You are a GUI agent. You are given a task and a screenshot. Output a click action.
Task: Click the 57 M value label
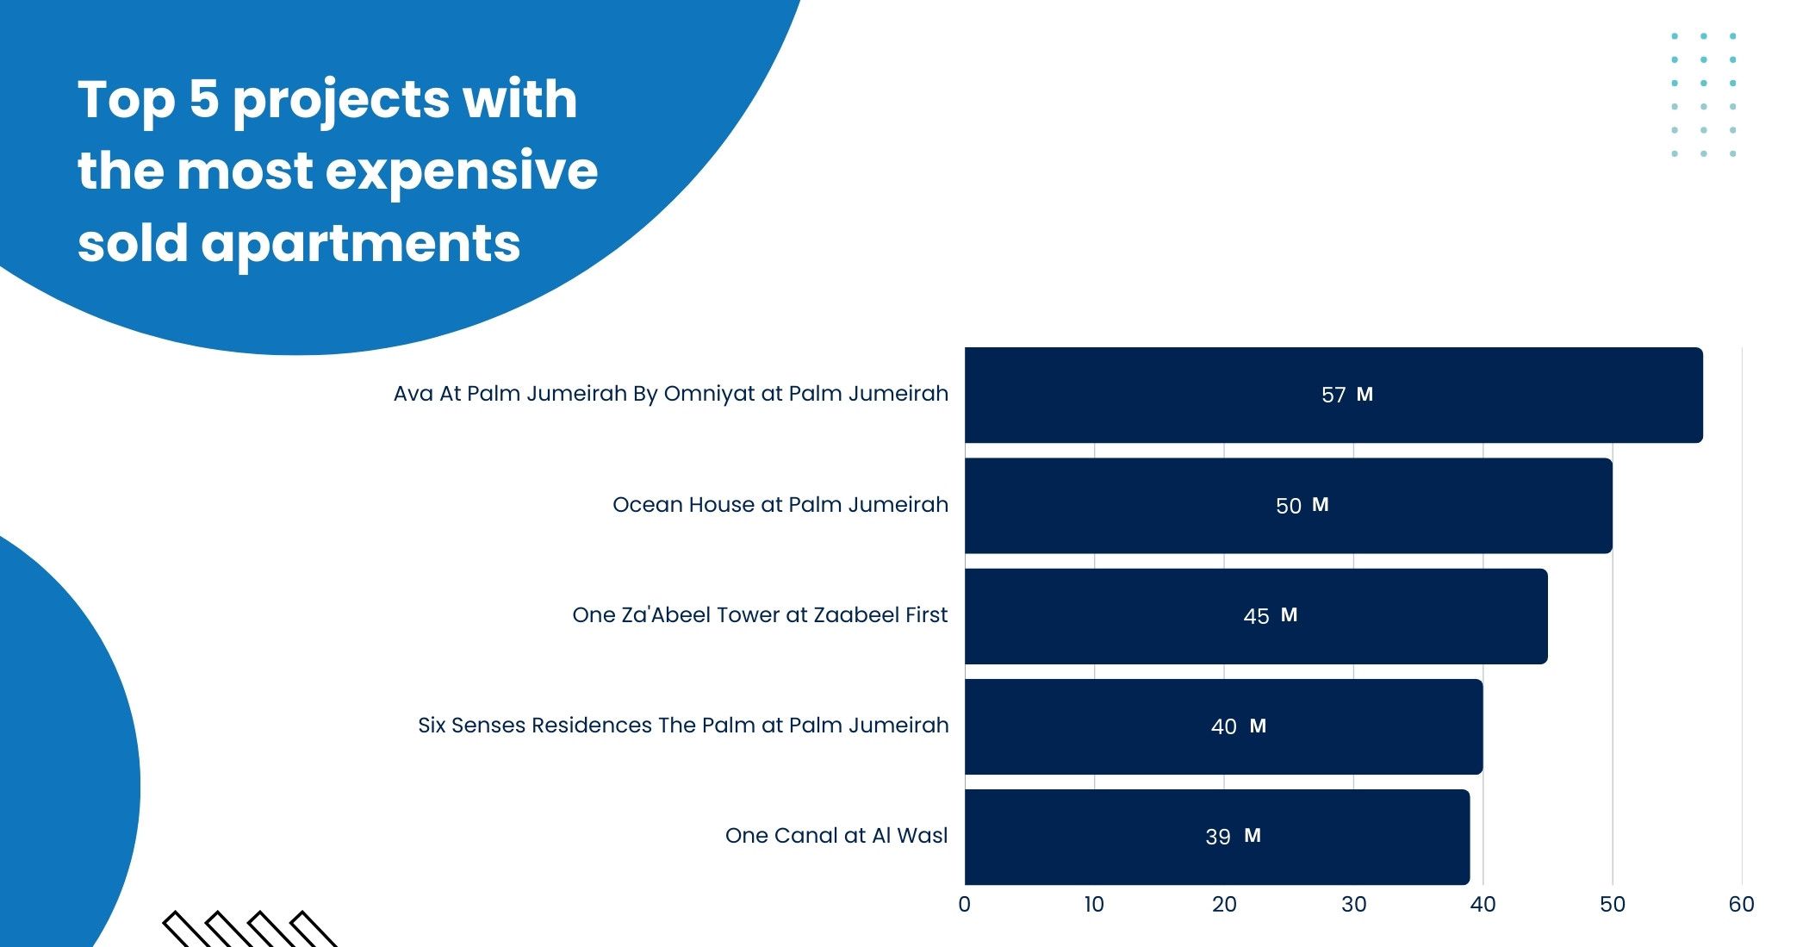pos(1346,395)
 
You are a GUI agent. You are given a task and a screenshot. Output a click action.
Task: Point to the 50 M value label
pos(1302,505)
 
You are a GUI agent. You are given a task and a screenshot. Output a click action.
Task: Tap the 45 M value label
pos(1270,615)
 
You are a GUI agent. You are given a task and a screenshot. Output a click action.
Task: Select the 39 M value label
pos(1233,836)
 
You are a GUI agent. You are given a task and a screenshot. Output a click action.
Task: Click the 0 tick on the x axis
pos(964,904)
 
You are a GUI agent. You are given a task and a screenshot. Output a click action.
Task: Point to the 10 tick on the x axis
pos(1094,904)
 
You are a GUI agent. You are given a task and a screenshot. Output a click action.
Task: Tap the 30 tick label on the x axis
pos(1353,904)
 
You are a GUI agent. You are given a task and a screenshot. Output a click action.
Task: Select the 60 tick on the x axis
pos(1741,904)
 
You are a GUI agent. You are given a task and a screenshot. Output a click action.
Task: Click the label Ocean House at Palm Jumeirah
pos(780,504)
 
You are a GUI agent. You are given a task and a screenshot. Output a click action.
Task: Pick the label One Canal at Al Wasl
pos(836,835)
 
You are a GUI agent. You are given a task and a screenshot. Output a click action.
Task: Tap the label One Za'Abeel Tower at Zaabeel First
pos(759,614)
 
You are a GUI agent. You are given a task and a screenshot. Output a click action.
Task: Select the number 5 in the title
pos(204,99)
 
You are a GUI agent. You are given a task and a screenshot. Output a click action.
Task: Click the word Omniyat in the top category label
pos(709,394)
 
